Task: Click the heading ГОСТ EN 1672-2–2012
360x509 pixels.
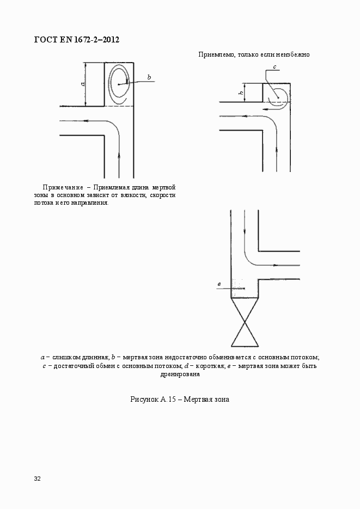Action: click(77, 40)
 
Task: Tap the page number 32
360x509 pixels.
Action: click(38, 479)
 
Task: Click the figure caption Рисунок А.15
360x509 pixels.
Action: click(153, 399)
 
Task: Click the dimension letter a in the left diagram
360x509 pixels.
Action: click(83, 84)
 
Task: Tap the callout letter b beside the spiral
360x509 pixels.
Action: click(149, 77)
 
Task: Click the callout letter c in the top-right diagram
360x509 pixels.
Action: click(274, 67)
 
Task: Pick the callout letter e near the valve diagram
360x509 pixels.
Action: click(219, 284)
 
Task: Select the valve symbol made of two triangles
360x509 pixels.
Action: click(245, 322)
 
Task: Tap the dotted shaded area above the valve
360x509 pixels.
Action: click(238, 287)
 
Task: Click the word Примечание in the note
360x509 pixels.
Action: click(63, 187)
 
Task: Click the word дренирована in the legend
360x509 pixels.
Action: click(180, 375)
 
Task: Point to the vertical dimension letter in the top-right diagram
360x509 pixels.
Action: click(241, 93)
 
